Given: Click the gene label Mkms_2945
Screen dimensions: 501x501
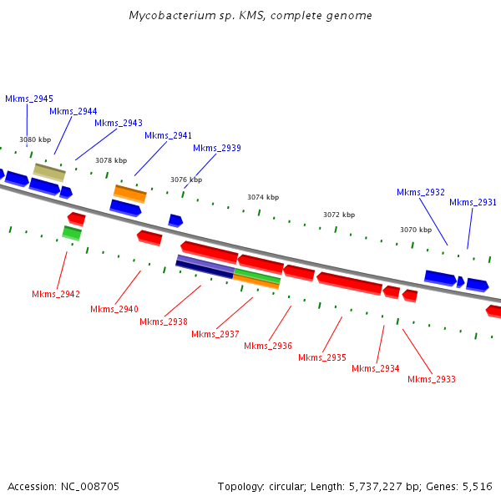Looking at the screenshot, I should pos(29,99).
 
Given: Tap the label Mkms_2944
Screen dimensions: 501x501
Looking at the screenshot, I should pos(73,111).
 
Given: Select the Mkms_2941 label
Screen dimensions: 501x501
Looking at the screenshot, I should pos(168,135).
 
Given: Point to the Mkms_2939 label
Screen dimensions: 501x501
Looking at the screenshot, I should pos(217,148).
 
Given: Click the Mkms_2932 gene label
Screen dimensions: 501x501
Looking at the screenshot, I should pos(421,192).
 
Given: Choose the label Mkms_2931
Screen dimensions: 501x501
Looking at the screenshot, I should pos(473,202).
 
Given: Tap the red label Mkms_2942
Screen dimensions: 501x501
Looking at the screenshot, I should pos(56,294).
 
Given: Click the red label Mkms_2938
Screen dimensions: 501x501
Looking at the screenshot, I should pos(164,321).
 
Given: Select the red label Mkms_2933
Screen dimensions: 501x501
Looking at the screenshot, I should pos(432,379).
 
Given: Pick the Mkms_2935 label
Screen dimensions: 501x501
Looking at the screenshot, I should pos(322,357).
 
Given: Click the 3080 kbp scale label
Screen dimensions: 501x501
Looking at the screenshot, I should pos(35,139).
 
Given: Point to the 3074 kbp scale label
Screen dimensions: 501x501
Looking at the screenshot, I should pos(263,197).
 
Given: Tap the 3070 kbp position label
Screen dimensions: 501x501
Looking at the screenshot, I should pos(416,230).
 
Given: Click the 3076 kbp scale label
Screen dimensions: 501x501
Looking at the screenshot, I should pos(186,180).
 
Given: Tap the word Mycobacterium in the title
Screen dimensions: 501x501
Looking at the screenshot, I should pos(167,16).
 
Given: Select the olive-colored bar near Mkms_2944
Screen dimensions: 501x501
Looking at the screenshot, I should pos(49,172).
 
